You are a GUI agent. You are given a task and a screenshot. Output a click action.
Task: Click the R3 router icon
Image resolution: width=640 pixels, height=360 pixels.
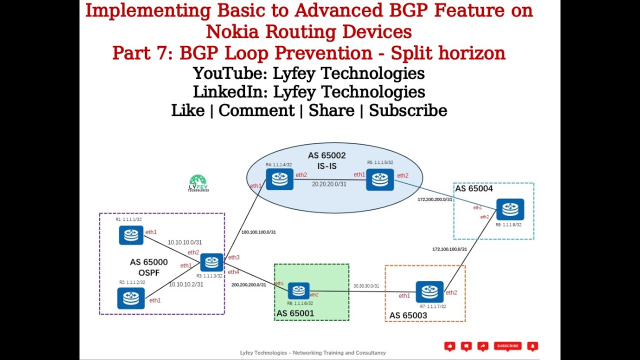[211, 262]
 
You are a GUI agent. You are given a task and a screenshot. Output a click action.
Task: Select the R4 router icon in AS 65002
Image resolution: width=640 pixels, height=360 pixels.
[279, 179]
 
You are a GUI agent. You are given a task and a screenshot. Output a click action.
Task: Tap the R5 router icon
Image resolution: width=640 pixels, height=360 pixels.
[380, 180]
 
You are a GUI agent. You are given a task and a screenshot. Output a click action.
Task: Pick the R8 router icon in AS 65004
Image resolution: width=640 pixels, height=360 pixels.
[510, 209]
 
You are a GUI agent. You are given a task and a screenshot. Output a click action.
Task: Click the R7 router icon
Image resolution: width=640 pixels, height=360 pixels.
[429, 292]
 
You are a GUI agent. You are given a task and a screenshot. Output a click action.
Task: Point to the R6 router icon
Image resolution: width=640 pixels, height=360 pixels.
[298, 290]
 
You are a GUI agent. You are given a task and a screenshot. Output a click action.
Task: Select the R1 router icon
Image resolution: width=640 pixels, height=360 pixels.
[131, 235]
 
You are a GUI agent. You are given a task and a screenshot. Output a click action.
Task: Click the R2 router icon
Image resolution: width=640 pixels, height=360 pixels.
[131, 298]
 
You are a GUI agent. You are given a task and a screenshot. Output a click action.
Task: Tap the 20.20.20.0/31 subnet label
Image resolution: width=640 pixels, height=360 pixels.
[329, 184]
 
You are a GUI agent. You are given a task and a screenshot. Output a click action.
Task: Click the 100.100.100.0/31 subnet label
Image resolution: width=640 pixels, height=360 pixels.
[258, 232]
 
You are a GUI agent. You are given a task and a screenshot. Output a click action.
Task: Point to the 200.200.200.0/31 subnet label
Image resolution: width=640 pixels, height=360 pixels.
[248, 284]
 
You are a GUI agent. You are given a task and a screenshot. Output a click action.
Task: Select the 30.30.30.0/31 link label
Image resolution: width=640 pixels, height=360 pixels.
[366, 286]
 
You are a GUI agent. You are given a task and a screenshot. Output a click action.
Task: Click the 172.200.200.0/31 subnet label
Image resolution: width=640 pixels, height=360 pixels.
[435, 199]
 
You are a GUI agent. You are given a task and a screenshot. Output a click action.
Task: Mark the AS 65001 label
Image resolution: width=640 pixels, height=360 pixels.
[295, 313]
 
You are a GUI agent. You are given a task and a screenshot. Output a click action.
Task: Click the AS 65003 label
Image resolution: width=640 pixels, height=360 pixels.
[408, 315]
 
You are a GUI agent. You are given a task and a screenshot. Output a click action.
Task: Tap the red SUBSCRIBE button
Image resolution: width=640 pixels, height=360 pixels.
[507, 346]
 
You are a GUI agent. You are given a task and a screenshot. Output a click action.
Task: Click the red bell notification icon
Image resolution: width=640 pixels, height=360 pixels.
[533, 346]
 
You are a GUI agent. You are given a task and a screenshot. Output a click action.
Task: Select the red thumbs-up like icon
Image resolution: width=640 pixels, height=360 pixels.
[450, 346]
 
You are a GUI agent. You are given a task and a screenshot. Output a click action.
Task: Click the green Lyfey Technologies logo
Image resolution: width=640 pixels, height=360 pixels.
[198, 183]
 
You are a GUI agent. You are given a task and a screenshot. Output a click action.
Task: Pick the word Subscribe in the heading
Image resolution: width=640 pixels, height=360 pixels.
[408, 110]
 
